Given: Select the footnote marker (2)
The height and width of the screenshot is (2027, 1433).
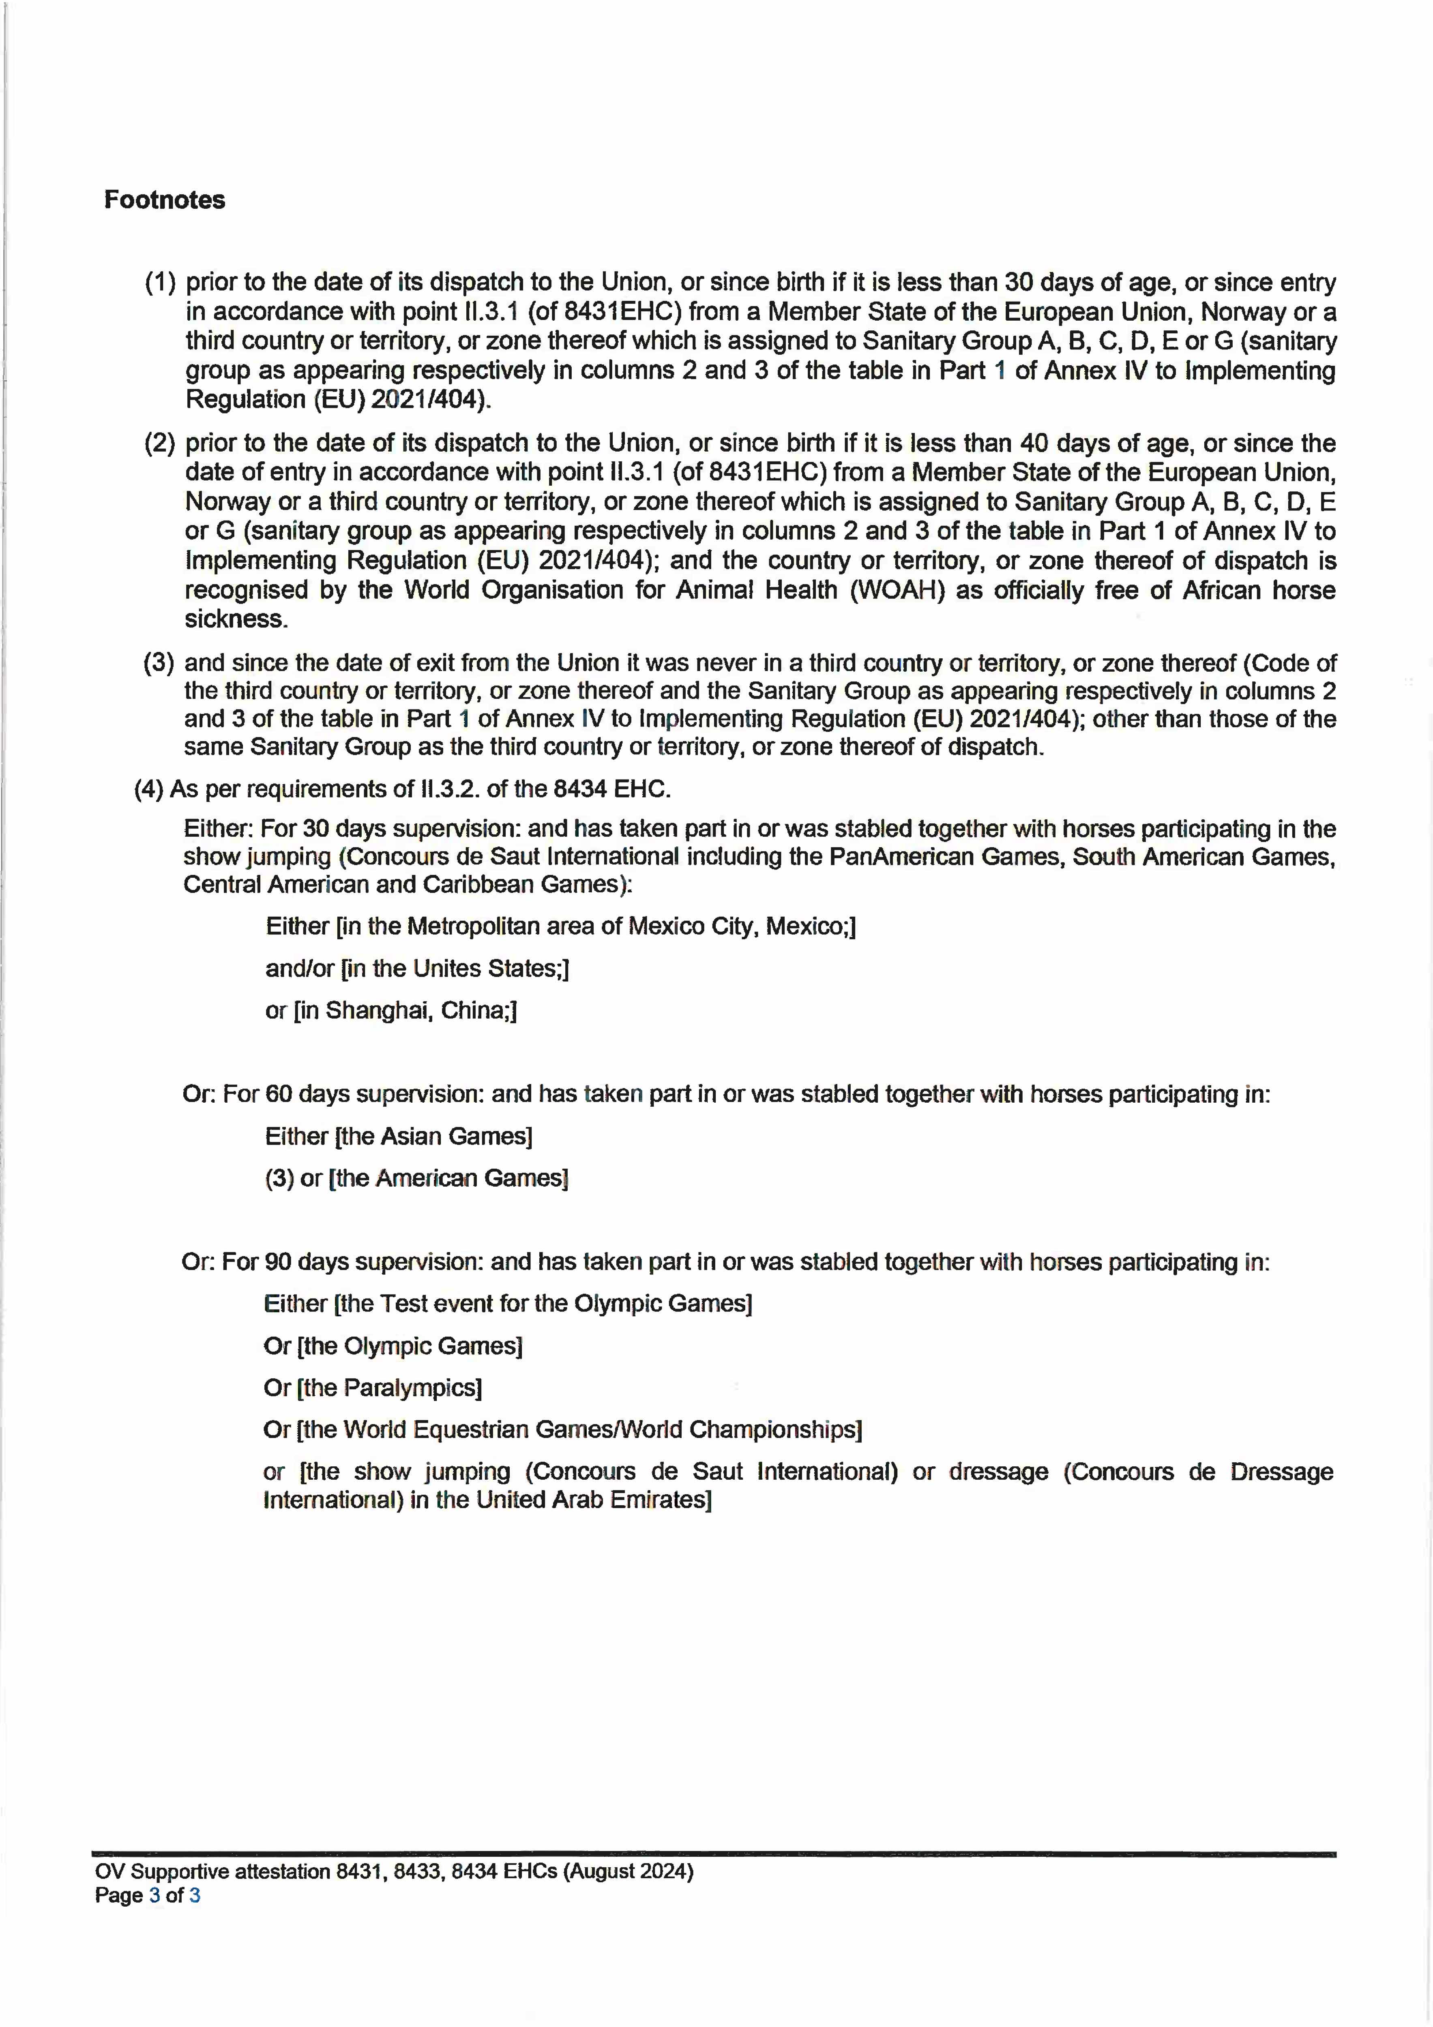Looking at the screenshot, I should point(160,443).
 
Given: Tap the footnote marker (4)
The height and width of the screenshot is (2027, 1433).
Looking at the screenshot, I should point(148,789).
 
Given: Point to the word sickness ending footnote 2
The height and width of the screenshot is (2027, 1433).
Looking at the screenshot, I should point(236,619).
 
